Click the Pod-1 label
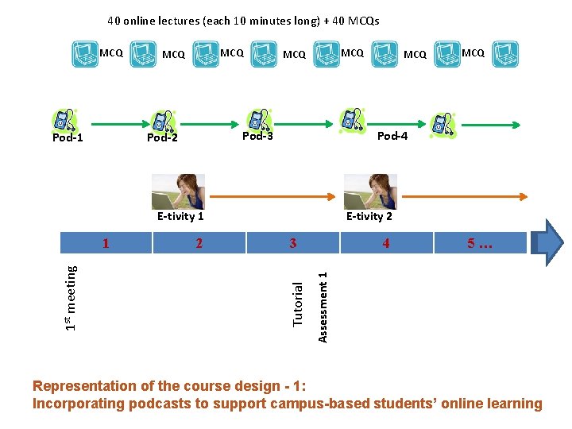(x=68, y=138)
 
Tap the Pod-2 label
(x=162, y=138)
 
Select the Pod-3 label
(x=257, y=135)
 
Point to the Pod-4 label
(x=392, y=136)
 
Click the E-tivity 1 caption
(x=180, y=216)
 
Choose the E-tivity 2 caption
(x=369, y=216)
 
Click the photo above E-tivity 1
(x=178, y=191)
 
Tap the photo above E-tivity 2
(x=370, y=191)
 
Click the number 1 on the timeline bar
(x=106, y=243)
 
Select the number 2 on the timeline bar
(x=199, y=243)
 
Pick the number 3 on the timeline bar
(x=293, y=243)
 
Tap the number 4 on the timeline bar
(x=386, y=243)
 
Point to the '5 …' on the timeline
(x=480, y=243)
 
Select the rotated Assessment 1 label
(x=323, y=307)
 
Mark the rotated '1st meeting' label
(x=71, y=298)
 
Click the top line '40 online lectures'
(x=243, y=21)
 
